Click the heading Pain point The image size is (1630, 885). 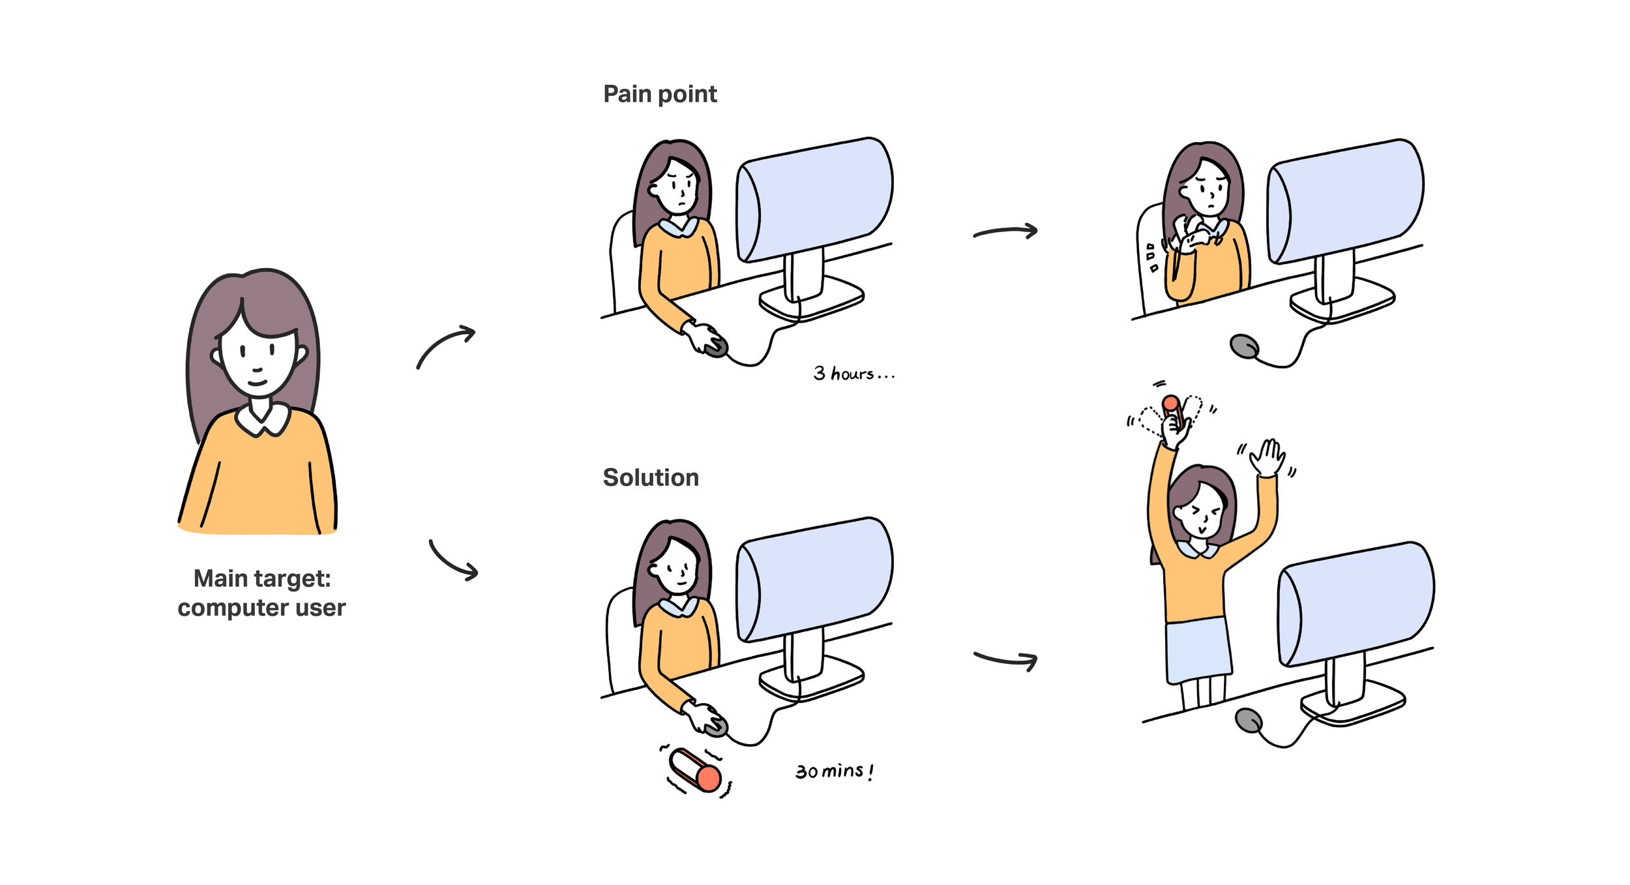coord(659,95)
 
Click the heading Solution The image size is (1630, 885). coord(650,478)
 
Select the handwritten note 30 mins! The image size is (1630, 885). coord(834,772)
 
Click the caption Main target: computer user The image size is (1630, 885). coord(261,593)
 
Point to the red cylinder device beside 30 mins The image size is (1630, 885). coord(696,770)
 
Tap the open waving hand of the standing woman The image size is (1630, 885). coord(1267,457)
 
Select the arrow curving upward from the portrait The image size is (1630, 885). coord(446,346)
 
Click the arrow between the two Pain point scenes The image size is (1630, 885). coord(1005,232)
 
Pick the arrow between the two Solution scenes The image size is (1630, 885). coord(1005,659)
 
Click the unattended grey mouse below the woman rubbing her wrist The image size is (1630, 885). coord(1244,346)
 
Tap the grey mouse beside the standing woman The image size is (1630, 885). coord(1249,720)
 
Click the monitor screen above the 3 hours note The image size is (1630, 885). coord(815,199)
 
